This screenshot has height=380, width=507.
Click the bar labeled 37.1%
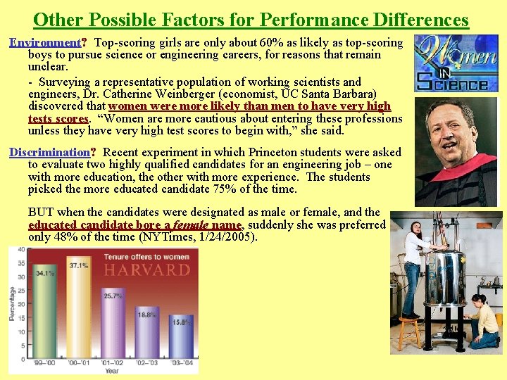click(79, 313)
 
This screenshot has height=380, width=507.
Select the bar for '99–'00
click(46, 317)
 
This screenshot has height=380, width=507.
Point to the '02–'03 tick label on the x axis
click(146, 361)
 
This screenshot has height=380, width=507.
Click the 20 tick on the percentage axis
click(21, 304)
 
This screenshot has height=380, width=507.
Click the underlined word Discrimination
click(49, 152)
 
